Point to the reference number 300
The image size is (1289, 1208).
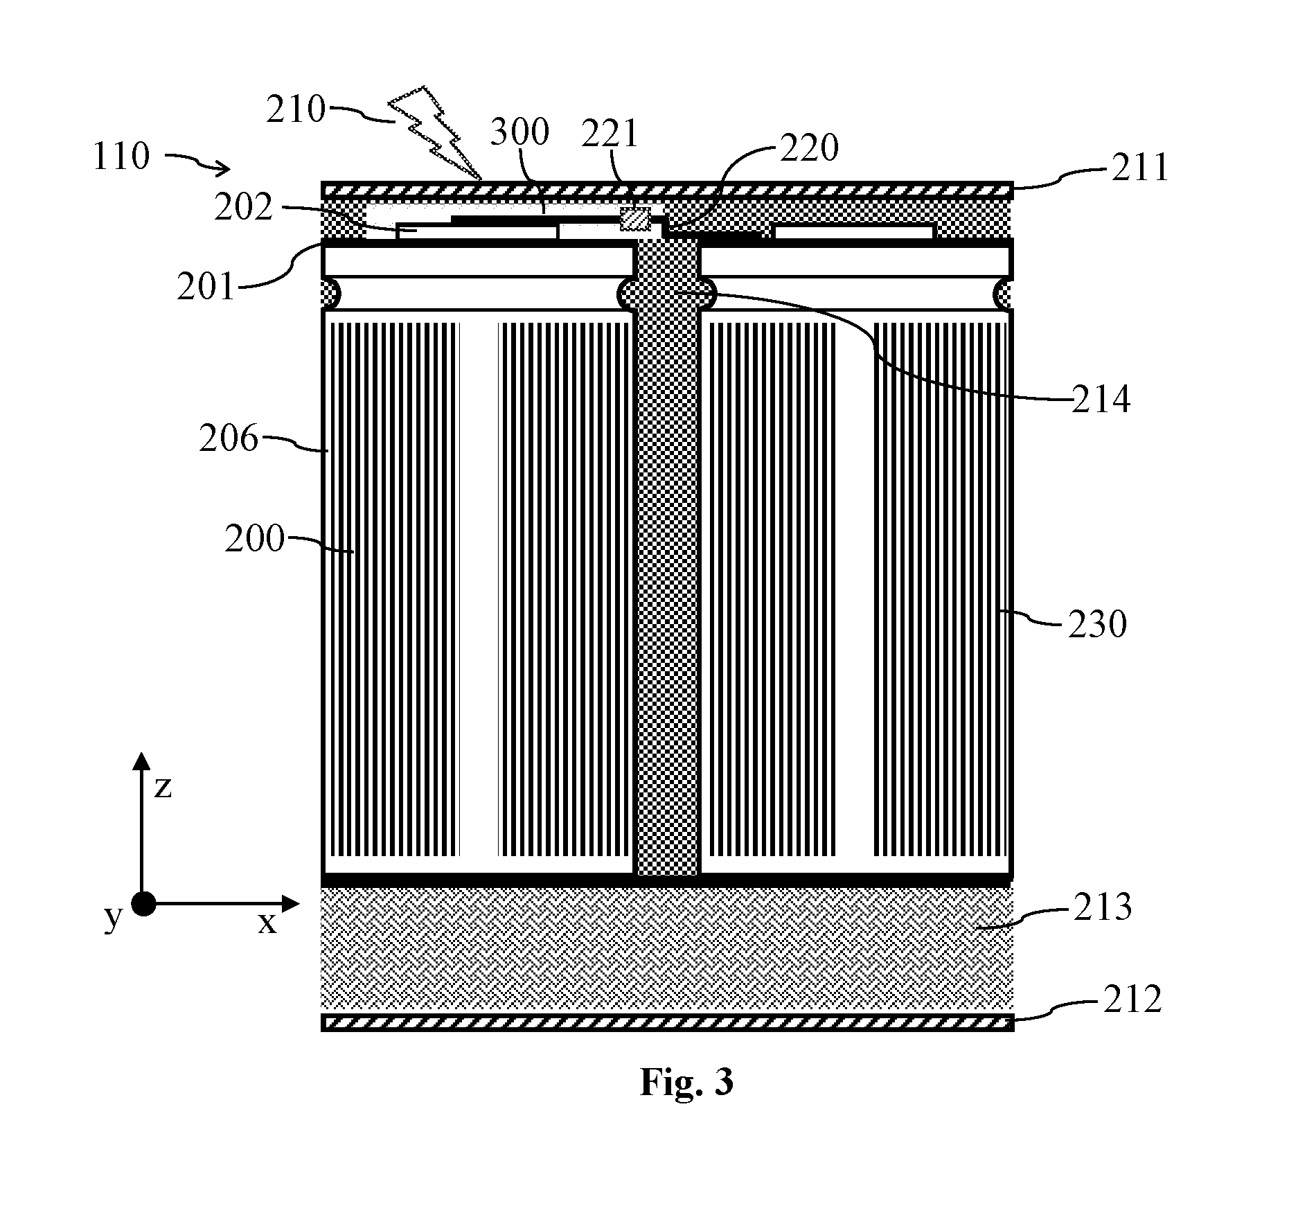click(519, 132)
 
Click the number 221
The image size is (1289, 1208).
click(610, 134)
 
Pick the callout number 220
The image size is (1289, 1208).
click(809, 147)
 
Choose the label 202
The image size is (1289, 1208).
click(243, 207)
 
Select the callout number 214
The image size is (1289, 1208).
click(1101, 399)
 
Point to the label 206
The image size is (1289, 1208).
click(229, 438)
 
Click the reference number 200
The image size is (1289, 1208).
click(255, 538)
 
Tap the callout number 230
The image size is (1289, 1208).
click(1097, 624)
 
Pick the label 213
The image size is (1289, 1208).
click(1103, 907)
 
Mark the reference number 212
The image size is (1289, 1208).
click(1132, 1000)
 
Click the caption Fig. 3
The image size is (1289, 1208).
click(686, 1082)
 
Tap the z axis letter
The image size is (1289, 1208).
click(163, 788)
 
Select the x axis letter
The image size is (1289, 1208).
click(267, 922)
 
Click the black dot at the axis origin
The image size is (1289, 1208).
click(143, 904)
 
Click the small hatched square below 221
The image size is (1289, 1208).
click(635, 219)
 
